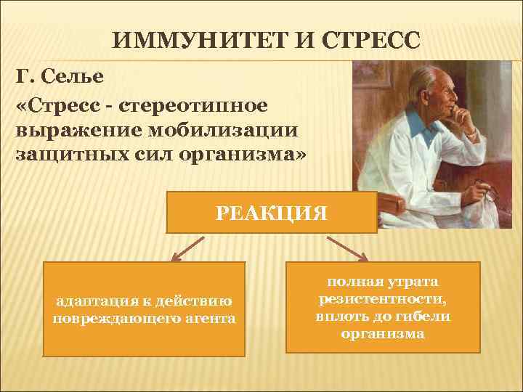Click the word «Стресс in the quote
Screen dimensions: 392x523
pyautogui.click(x=60, y=105)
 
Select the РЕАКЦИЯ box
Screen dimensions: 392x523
pyautogui.click(x=272, y=212)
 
